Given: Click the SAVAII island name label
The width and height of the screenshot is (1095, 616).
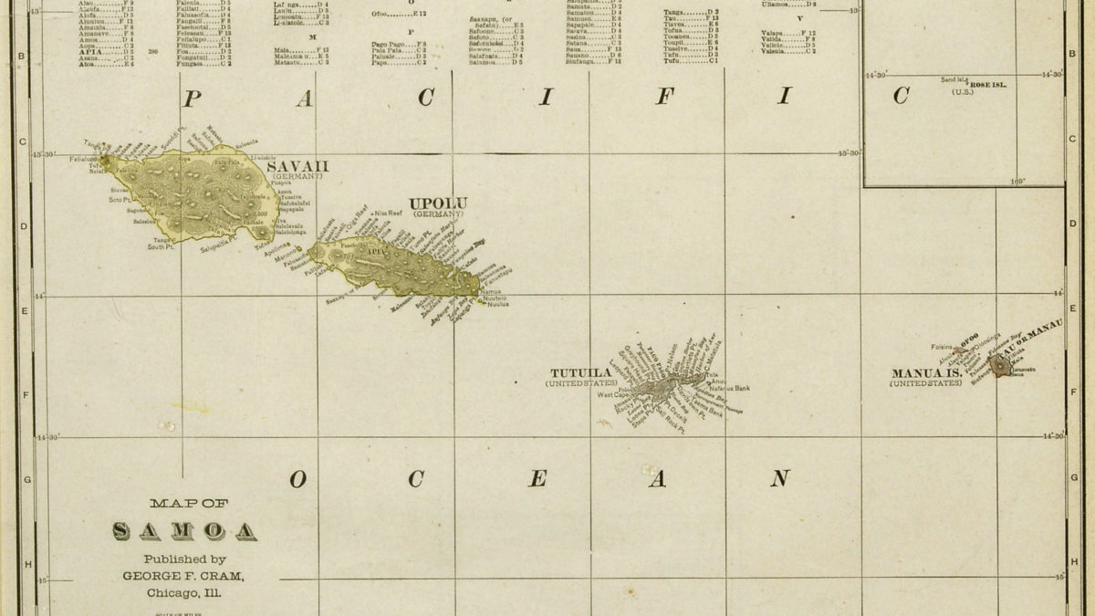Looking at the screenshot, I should (297, 165).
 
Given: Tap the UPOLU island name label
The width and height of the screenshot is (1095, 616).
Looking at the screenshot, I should (438, 204).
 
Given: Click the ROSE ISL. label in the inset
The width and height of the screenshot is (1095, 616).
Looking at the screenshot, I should (988, 84).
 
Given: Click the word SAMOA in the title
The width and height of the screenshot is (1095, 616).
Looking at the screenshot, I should (184, 531).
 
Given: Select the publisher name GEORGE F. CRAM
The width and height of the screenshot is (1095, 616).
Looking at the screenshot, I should (184, 576).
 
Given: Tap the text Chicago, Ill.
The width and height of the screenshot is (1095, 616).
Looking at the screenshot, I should (184, 593).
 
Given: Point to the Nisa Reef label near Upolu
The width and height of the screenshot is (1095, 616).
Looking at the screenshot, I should (388, 213).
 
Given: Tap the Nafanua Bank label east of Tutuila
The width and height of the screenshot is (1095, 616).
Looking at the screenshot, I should (730, 388).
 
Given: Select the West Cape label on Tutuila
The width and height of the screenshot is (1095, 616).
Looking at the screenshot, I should (612, 395).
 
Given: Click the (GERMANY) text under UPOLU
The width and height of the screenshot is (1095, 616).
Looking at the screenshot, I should (438, 214).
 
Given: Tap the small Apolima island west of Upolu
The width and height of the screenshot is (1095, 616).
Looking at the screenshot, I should (297, 246).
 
